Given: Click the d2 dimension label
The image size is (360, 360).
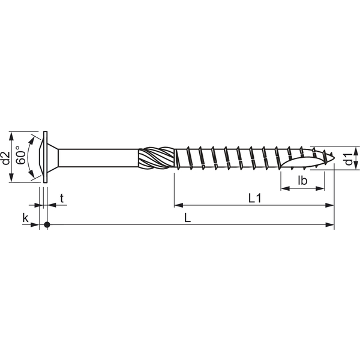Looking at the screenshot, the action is click(5, 158).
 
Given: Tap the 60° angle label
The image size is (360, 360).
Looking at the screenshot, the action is click(21, 155).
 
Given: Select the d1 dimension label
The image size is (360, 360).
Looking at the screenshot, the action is click(349, 159).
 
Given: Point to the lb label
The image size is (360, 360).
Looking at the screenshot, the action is click(302, 181).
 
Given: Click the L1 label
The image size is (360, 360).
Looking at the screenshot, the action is click(255, 199).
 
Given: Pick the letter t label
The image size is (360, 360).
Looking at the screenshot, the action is click(62, 199).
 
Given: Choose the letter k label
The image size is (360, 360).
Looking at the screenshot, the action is click(25, 218).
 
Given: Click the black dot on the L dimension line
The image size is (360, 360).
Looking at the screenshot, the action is click(47, 224).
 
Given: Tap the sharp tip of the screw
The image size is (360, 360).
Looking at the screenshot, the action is click(334, 158).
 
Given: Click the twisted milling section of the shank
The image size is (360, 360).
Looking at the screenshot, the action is click(156, 158).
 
